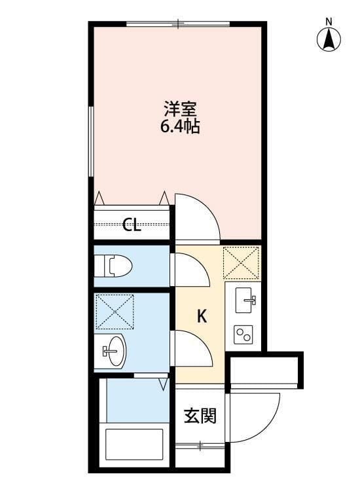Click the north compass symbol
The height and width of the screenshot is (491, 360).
[x=329, y=40]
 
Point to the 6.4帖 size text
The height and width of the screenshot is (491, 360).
[x=179, y=126]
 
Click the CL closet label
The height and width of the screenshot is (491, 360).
[x=132, y=226]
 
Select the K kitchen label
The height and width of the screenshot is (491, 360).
[x=202, y=317]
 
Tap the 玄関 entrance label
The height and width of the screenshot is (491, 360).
[x=199, y=416]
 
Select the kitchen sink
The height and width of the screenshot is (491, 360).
[x=243, y=302]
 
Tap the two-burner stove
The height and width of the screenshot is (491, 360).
[x=243, y=335]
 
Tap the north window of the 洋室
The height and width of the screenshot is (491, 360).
[x=178, y=25]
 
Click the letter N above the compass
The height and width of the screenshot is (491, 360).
[x=329, y=21]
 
